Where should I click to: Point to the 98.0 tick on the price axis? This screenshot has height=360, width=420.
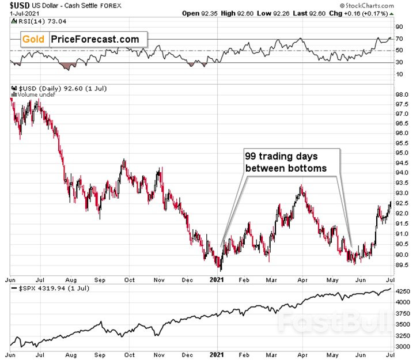pyautogui.click(x=402, y=94)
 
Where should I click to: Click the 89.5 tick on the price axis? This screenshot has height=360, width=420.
pyautogui.click(x=402, y=265)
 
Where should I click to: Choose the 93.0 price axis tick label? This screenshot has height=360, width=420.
pyautogui.click(x=402, y=193)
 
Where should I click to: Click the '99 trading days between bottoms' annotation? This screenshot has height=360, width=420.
pyautogui.click(x=290, y=162)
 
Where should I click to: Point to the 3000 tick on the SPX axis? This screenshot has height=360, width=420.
pyautogui.click(x=403, y=347)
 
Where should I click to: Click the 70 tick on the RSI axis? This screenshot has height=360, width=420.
pyautogui.click(x=399, y=39)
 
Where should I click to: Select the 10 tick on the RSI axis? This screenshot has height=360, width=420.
pyautogui.click(x=399, y=74)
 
